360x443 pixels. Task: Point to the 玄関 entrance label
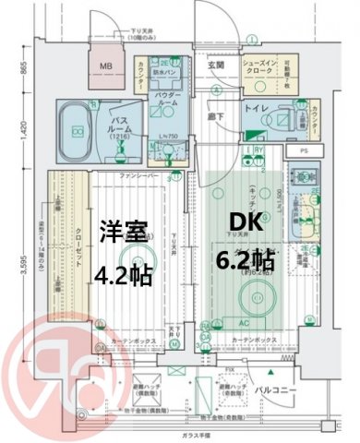click(215, 64)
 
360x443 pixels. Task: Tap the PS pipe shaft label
click(304, 150)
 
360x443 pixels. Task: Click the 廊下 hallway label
click(215, 118)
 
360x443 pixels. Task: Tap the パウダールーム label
click(166, 100)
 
